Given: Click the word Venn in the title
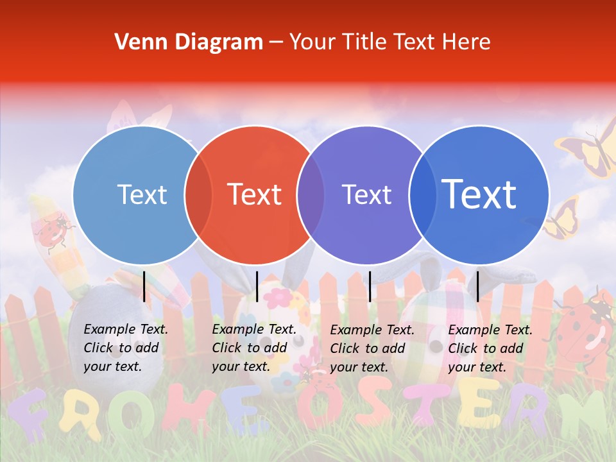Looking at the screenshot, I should tap(137, 42).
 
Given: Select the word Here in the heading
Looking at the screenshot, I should tap(467, 42).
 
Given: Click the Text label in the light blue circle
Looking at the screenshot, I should tap(142, 194).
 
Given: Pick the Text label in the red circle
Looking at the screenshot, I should tap(254, 194).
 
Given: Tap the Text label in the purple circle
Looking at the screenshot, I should tap(366, 194).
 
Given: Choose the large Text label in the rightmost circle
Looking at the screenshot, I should tap(479, 194).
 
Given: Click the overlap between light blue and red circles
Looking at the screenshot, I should tap(198, 194).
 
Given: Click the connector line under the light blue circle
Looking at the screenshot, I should tap(144, 286).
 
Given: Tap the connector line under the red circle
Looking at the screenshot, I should tap(257, 286).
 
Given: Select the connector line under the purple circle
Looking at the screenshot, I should tap(370, 286).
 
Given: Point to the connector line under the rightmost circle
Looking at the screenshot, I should tap(477, 286).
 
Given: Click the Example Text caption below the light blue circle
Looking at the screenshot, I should tap(126, 348).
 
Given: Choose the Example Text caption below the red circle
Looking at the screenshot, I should tap(254, 348).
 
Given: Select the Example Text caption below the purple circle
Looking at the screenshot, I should tap(372, 348).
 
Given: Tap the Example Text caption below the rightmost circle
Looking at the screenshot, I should tap(490, 348).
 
